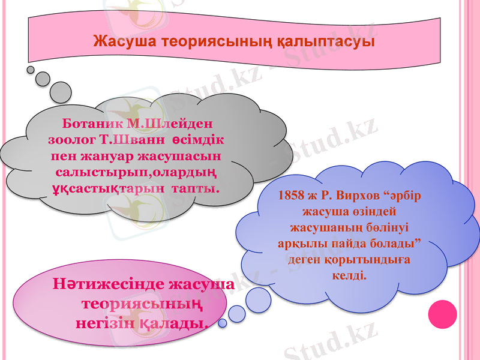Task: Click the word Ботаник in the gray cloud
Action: (89, 125)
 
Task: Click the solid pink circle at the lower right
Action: (442, 314)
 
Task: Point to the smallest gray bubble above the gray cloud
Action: (31, 70)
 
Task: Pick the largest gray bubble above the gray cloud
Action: (61, 92)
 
